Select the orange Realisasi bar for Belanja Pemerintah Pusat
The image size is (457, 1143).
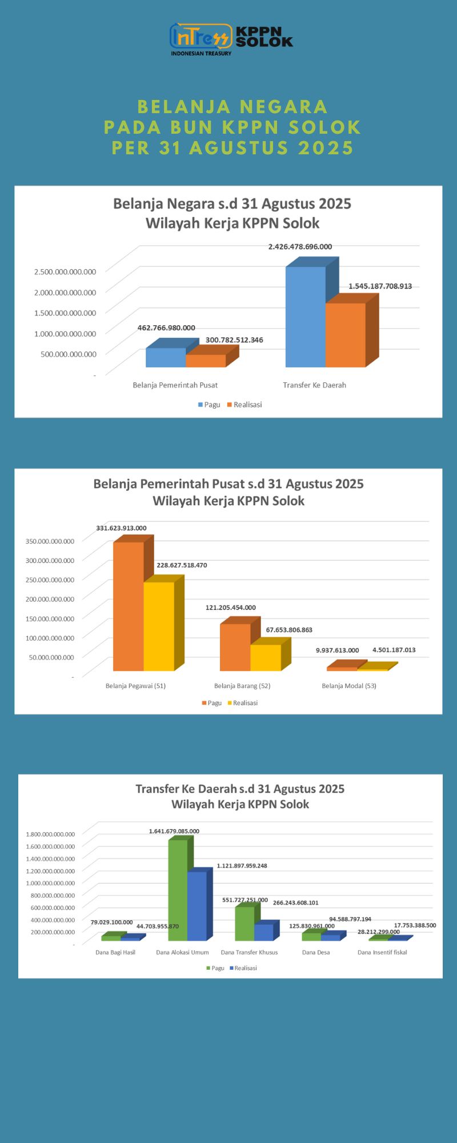click(x=206, y=361)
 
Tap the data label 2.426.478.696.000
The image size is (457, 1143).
click(x=300, y=247)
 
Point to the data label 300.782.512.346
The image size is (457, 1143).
click(x=234, y=340)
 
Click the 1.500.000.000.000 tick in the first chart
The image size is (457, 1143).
click(x=65, y=313)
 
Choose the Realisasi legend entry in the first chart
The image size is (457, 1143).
click(x=244, y=405)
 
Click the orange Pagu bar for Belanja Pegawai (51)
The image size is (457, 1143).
click(x=129, y=606)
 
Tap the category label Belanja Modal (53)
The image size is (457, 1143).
click(x=349, y=686)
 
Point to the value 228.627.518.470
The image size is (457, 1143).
click(x=182, y=565)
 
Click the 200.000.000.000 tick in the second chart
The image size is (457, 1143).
click(x=50, y=599)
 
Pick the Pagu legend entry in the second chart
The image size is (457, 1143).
click(x=211, y=703)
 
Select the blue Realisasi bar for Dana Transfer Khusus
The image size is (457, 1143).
click(x=264, y=932)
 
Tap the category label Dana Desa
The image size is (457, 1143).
click(x=316, y=953)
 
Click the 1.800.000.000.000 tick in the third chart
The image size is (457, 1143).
click(x=50, y=834)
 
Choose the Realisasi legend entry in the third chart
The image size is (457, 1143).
click(x=243, y=968)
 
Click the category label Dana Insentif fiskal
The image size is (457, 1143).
click(x=382, y=953)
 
